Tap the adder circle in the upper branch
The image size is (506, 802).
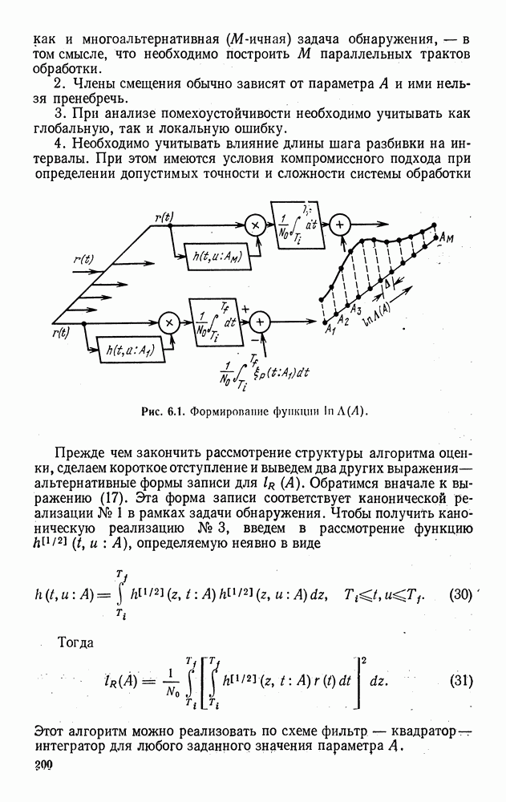tap(340, 225)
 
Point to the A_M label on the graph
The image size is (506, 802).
tap(447, 239)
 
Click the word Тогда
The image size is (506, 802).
tap(78, 643)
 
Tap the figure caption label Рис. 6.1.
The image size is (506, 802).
tap(164, 411)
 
